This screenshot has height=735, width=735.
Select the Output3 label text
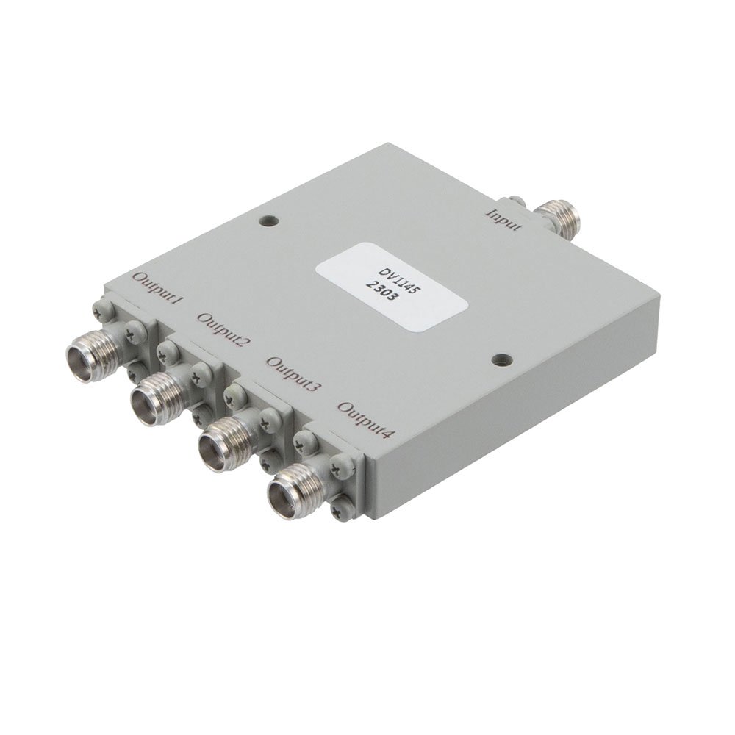(293, 373)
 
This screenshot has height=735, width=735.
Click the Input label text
(505, 219)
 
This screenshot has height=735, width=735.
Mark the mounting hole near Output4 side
(502, 359)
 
